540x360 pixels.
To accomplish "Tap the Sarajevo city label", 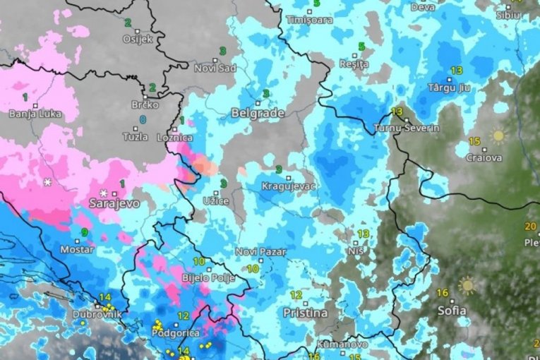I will (x=114, y=203).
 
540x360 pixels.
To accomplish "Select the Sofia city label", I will (x=451, y=310).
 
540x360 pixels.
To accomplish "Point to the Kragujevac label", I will (x=289, y=186).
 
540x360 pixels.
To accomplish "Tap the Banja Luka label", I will (x=32, y=114).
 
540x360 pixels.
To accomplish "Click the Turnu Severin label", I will (x=407, y=128).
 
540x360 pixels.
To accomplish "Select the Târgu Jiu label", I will (x=450, y=88).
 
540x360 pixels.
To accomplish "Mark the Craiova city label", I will (x=484, y=158).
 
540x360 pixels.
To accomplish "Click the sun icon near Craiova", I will (x=498, y=135).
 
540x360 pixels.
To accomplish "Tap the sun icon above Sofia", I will (x=467, y=285).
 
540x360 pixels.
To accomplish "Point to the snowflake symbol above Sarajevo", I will (x=104, y=193).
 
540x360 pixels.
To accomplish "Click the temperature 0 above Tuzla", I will (x=143, y=120).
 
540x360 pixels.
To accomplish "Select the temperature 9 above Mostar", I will (x=85, y=232).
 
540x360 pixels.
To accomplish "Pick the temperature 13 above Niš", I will (x=364, y=234).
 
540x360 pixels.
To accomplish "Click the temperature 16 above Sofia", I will (x=443, y=293).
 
